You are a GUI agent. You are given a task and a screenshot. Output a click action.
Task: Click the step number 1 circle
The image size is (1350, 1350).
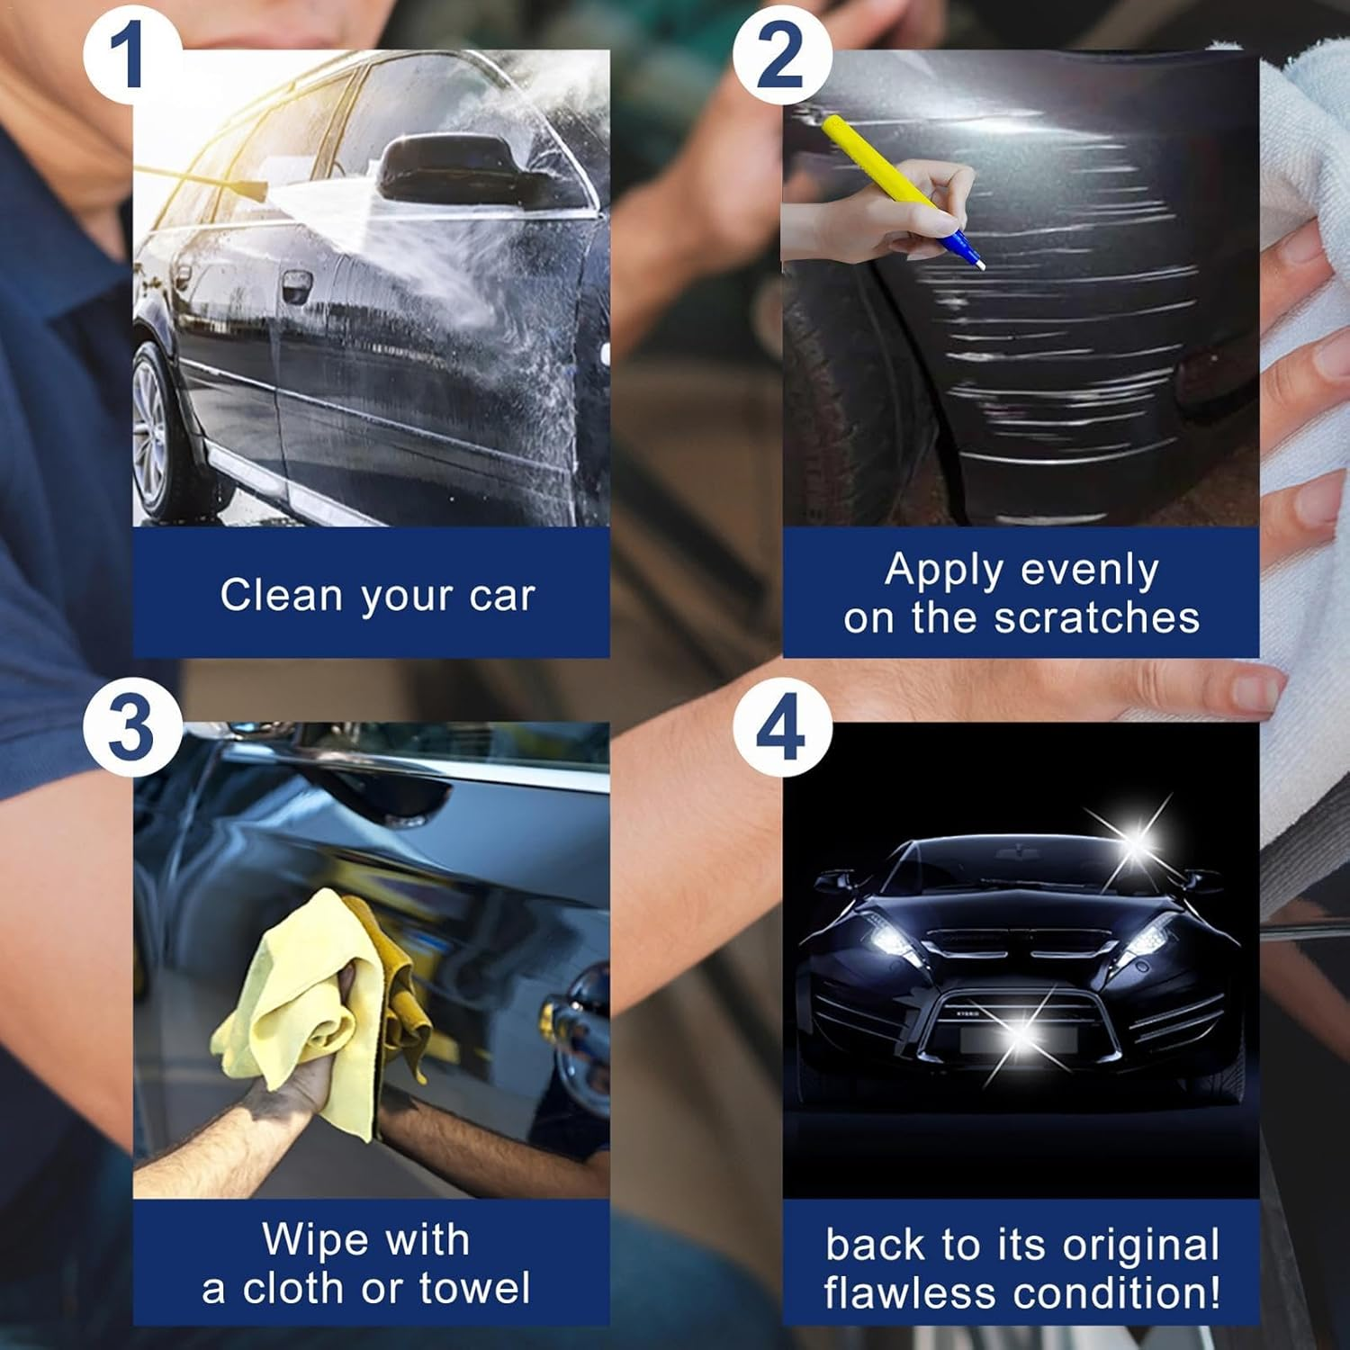[x=127, y=56]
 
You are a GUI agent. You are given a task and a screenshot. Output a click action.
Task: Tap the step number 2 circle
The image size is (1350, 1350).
[x=779, y=56]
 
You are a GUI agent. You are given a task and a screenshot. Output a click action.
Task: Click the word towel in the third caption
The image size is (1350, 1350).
[x=474, y=1288]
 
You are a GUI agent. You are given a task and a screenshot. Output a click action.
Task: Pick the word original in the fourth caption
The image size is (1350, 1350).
[x=1140, y=1246]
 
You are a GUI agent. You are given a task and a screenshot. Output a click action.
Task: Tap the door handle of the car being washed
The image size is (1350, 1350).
[x=296, y=288]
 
